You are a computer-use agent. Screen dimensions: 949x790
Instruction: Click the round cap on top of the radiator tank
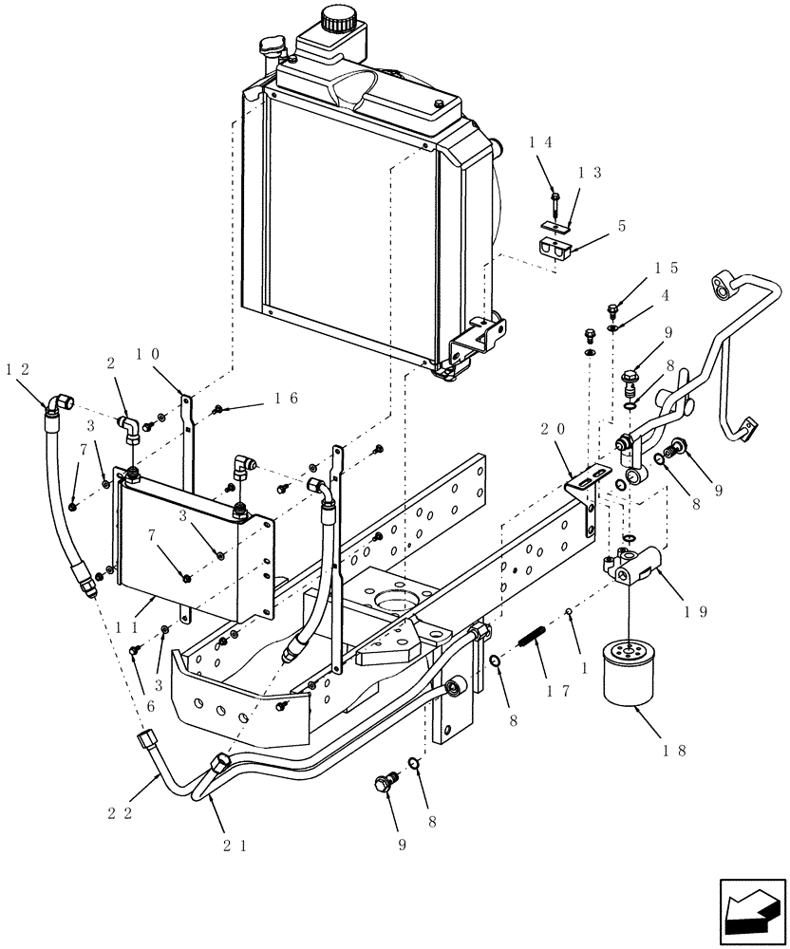[333, 18]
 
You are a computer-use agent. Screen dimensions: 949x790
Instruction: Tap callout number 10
[148, 354]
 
